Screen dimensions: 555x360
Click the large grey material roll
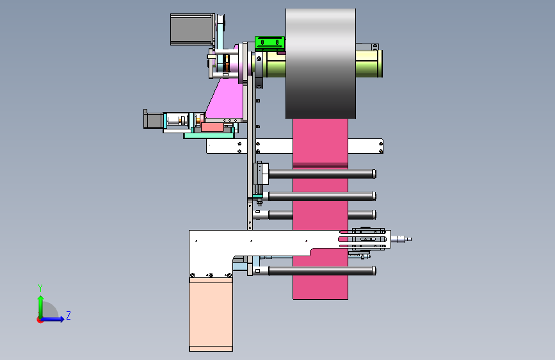pos(321,64)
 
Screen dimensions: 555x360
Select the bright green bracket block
pos(269,43)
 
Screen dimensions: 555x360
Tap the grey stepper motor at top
pos(192,29)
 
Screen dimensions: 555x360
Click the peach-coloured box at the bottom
pos(211,315)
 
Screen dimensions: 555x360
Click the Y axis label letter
pos(40,288)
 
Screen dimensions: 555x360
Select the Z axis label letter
pos(68,315)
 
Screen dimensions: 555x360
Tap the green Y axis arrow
pos(41,307)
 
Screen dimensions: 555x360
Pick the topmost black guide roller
pos(322,174)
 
